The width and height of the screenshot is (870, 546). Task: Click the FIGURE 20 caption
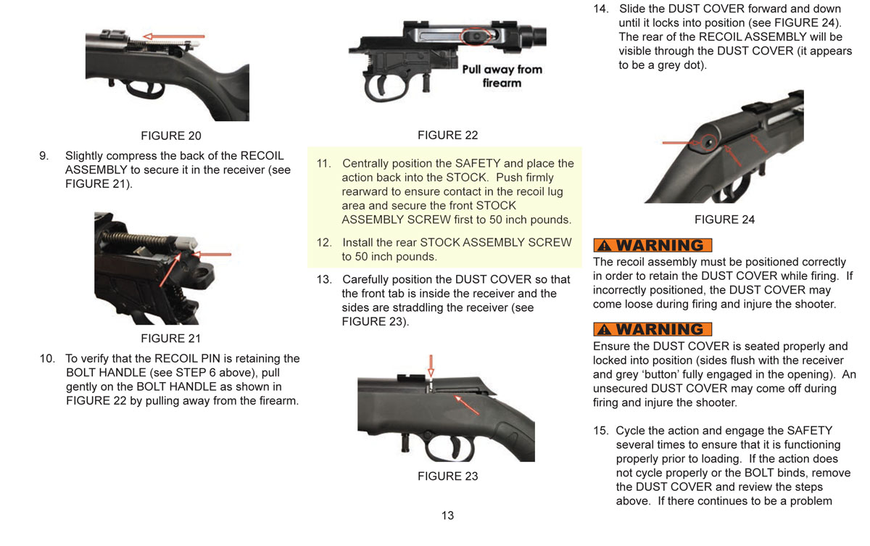(x=171, y=136)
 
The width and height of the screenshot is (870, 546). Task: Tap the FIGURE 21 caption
(x=171, y=338)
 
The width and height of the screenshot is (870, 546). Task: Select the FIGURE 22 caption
(x=447, y=135)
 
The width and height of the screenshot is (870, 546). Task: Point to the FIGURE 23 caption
(x=447, y=476)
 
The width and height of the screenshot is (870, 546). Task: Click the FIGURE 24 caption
(x=724, y=220)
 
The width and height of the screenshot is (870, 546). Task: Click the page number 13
(x=447, y=516)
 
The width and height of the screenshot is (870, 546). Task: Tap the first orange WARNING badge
(x=652, y=245)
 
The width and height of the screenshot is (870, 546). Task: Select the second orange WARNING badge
(x=652, y=329)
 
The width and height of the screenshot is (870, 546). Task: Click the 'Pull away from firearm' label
(x=502, y=76)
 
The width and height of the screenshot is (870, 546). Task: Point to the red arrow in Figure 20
(x=173, y=36)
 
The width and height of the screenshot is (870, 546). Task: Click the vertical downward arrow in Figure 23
(x=431, y=365)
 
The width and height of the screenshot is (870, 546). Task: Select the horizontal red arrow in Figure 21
(x=215, y=255)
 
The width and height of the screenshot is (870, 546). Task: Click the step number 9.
(x=43, y=156)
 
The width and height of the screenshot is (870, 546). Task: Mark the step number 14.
(x=600, y=9)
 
